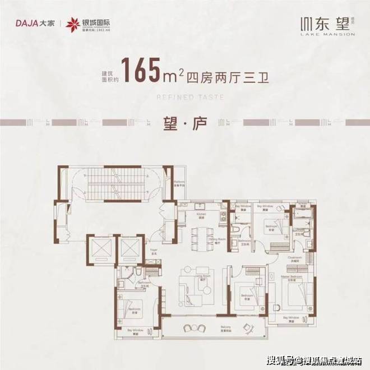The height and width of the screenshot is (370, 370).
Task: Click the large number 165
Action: [144, 71]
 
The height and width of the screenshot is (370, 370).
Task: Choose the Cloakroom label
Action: [297, 259]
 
